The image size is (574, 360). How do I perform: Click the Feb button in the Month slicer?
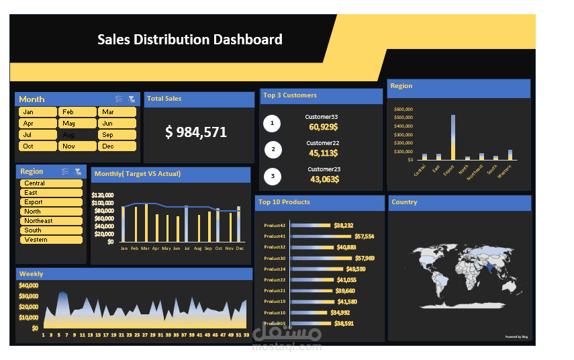point(77,112)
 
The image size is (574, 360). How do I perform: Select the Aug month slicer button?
point(77,135)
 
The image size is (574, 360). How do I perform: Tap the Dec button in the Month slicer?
point(117,146)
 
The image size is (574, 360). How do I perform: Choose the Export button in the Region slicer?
point(51,202)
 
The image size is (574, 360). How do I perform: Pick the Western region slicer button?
point(51,240)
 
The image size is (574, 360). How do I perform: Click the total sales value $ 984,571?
point(196,132)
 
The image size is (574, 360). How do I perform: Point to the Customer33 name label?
point(322,117)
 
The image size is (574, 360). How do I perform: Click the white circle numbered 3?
point(273,177)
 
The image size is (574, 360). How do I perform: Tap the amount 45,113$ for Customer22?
point(323,152)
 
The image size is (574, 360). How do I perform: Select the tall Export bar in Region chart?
point(453,137)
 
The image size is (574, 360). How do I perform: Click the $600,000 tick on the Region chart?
point(403,109)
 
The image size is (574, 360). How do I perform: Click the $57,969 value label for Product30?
point(365,258)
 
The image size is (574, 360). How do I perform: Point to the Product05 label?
point(275,323)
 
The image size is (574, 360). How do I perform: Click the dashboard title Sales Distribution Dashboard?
point(190,40)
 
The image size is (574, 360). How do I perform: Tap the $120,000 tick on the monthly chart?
point(103,195)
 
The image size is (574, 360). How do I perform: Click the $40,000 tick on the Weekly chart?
point(28,285)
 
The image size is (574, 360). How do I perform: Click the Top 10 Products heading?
point(284,202)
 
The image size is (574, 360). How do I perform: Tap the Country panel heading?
point(404,202)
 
